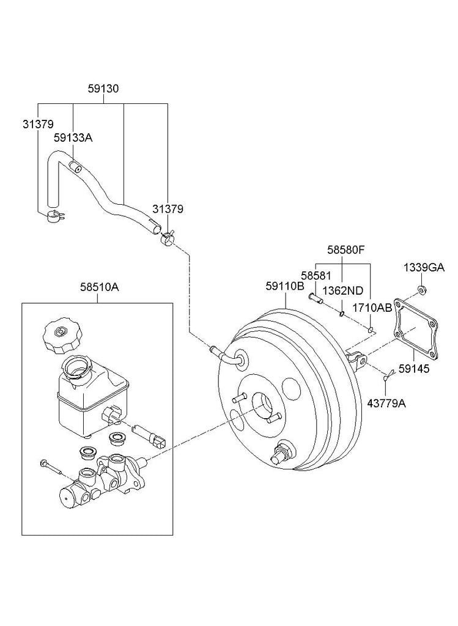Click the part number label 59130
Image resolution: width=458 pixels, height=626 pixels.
point(103,89)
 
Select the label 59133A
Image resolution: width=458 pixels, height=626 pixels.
point(73,138)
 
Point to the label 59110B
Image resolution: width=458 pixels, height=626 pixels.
point(285,286)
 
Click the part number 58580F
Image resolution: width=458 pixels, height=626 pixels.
point(346,250)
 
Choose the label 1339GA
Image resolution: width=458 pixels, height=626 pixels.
point(424,268)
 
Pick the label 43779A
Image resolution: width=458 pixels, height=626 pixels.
point(386,403)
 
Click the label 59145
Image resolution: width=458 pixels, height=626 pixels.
point(414,369)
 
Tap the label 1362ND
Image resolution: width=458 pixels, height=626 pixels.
point(343,290)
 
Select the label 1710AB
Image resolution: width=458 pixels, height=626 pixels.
point(372,307)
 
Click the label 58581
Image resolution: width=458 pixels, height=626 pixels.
point(316,276)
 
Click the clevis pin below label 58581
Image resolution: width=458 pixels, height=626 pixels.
point(315,298)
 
